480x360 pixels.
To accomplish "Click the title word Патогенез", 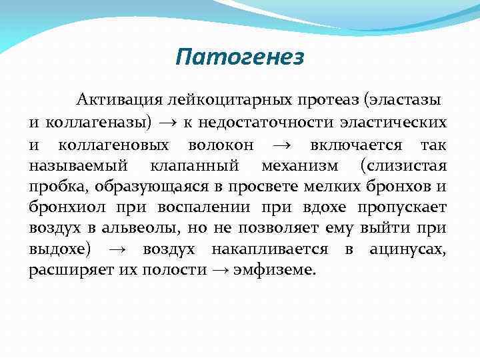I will (x=239, y=57).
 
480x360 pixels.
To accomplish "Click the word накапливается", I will (x=269, y=249).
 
